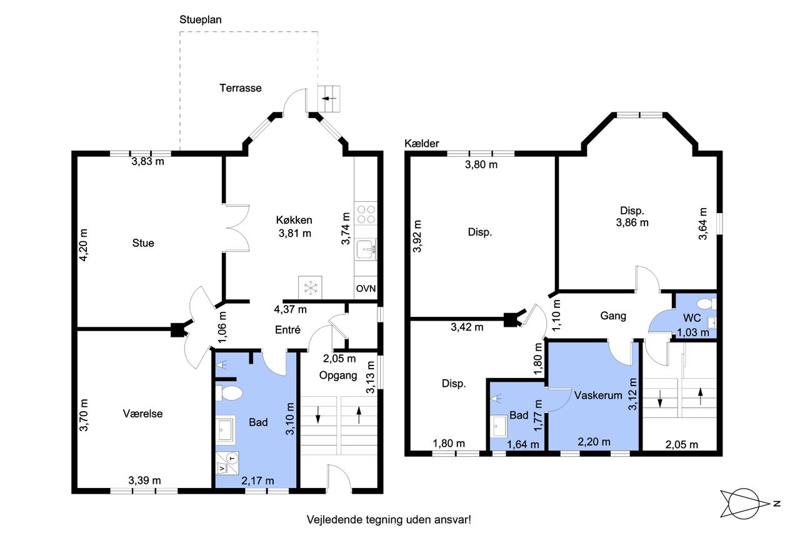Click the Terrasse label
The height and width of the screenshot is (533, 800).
241,88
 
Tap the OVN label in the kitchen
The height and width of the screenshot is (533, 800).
366,289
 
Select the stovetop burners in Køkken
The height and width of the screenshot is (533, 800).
366,214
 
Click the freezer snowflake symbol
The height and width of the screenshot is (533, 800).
311,287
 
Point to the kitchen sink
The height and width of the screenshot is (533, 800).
366,249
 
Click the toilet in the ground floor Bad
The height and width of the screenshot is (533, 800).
229,393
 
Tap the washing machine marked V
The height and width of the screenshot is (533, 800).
222,468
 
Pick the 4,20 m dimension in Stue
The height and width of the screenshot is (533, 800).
84,245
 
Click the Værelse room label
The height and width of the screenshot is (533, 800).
143,414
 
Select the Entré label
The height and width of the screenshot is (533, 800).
287,330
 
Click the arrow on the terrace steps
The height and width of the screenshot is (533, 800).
329,98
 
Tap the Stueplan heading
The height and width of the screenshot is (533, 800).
201,19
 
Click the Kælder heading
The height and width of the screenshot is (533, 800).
422,144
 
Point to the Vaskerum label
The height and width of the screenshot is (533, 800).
598,395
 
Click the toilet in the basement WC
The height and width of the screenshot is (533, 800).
706,304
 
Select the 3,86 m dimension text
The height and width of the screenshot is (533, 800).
632,223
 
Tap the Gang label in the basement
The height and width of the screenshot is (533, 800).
613,316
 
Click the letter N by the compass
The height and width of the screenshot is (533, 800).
777,504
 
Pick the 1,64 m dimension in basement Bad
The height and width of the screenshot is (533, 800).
523,444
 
